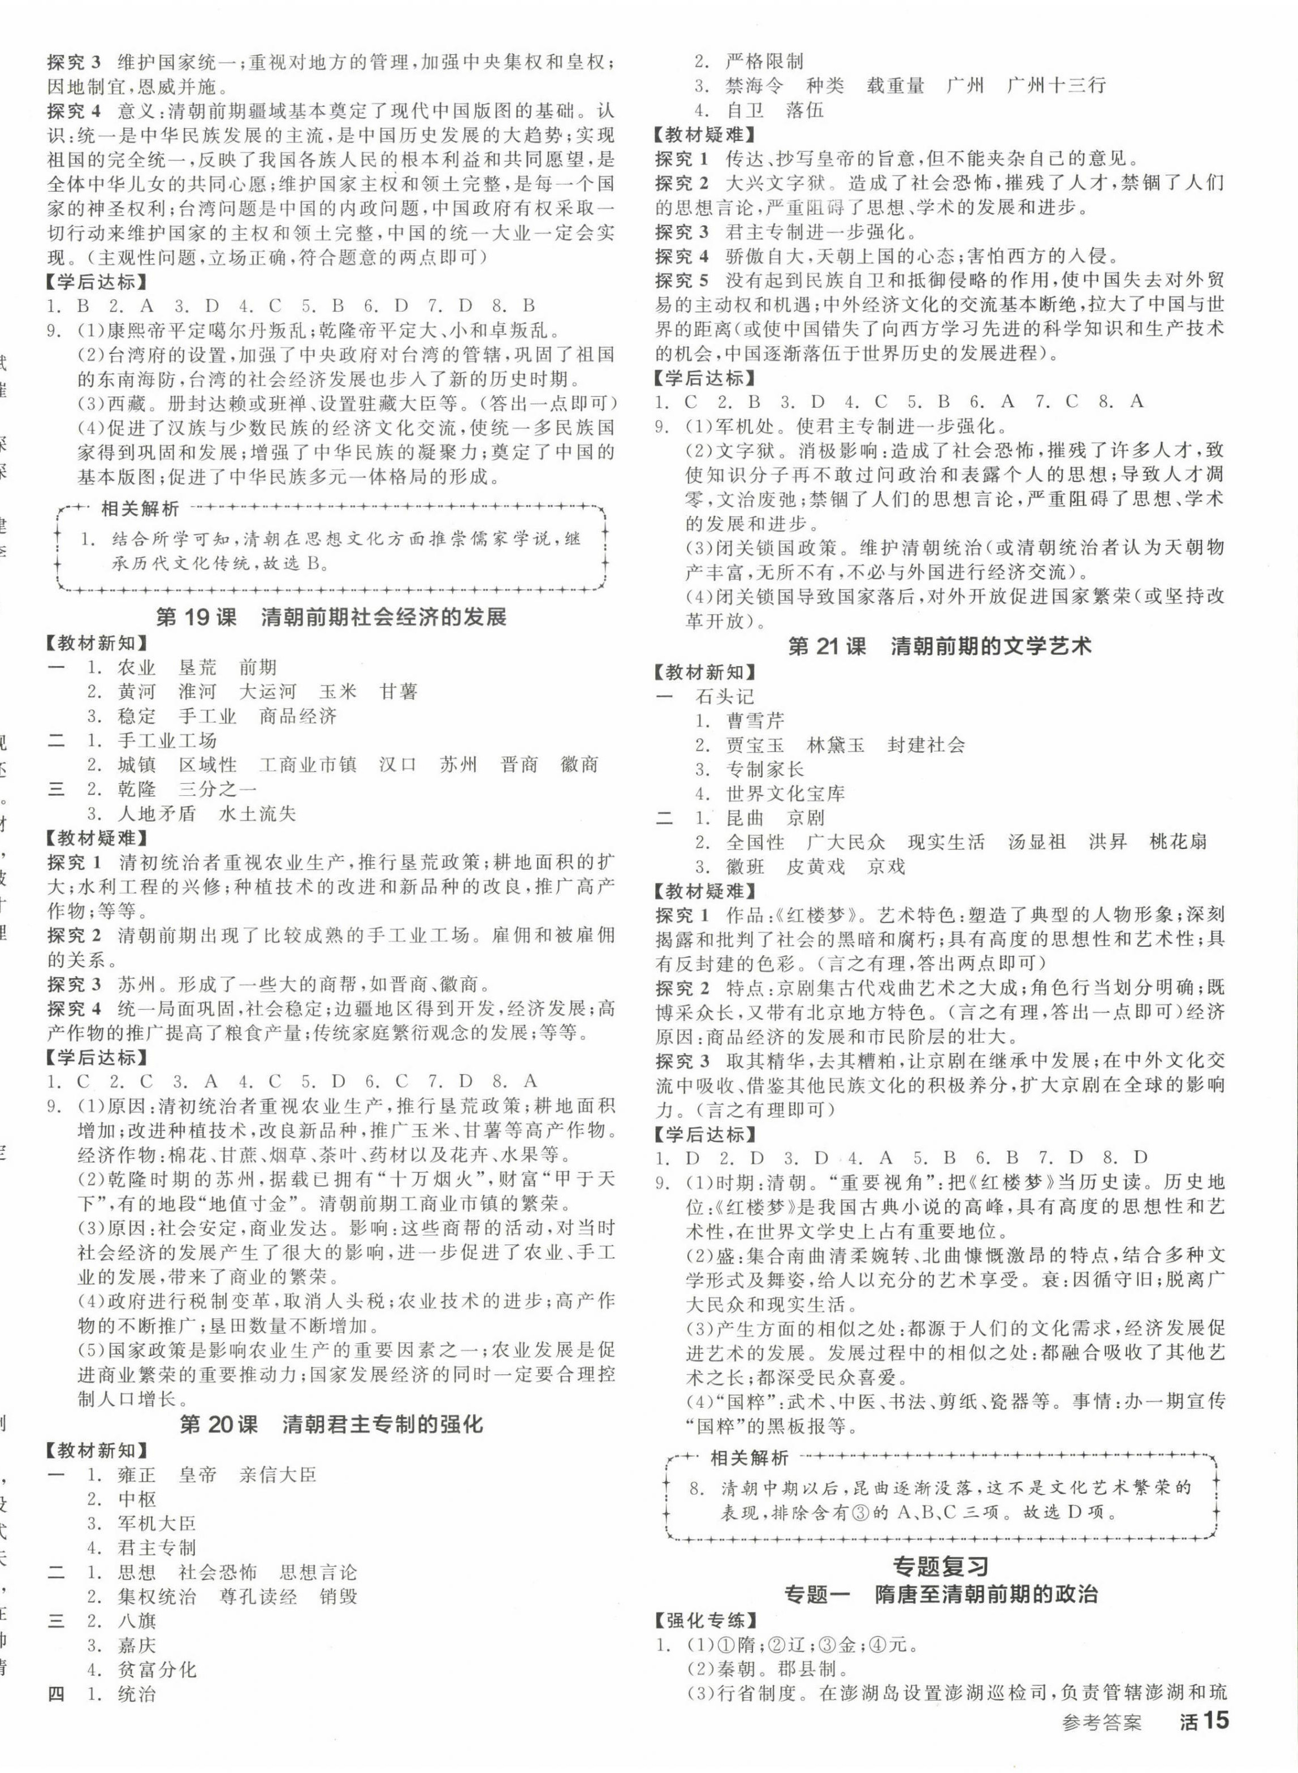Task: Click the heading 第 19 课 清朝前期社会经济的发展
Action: point(331,617)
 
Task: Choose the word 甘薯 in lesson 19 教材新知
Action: point(399,692)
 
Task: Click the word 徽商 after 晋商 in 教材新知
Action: point(580,765)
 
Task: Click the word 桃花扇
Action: point(1177,842)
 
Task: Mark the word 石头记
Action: point(724,696)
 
